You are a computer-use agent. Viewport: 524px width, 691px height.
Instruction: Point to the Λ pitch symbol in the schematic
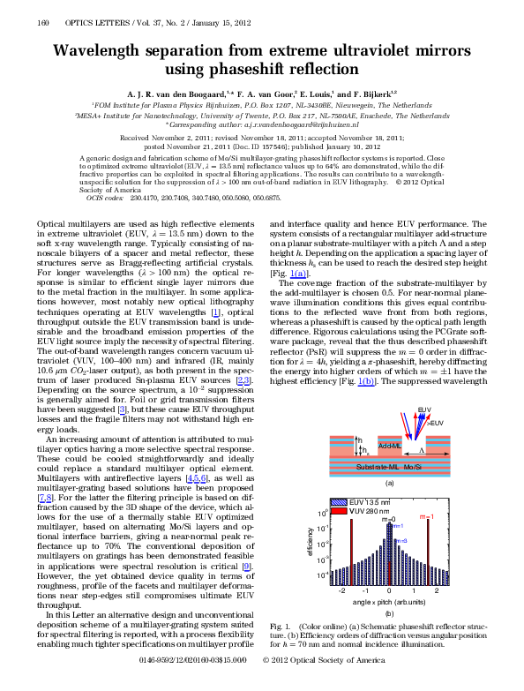point(421,450)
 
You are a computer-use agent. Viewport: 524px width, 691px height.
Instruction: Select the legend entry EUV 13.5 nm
point(366,502)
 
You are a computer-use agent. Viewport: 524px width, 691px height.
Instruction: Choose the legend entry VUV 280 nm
point(366,511)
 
